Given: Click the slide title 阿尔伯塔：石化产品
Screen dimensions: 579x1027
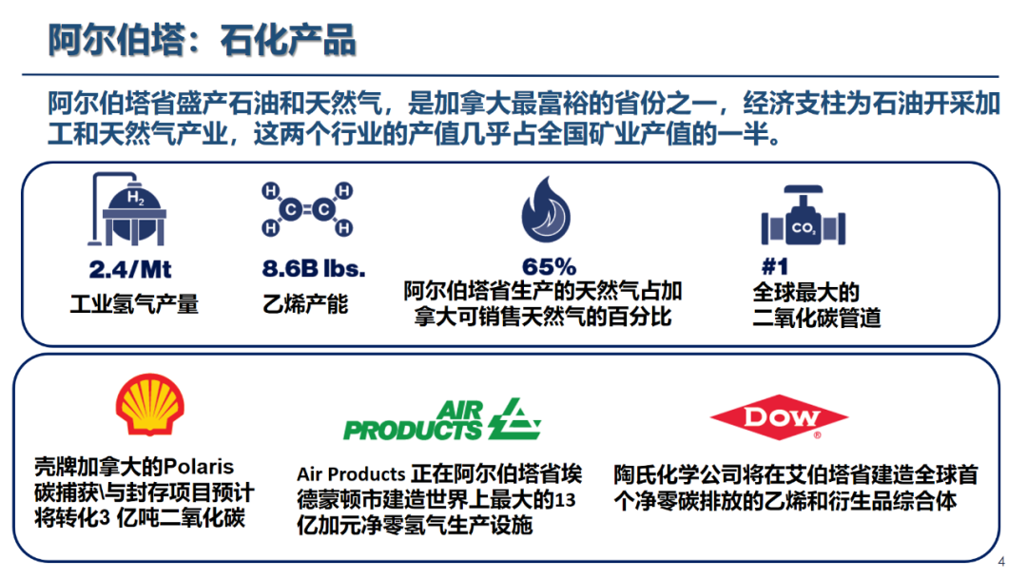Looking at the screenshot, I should coord(202,41).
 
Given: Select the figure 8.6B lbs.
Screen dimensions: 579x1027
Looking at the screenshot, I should coord(313,269).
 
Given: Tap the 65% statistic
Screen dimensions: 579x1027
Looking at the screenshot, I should coord(549,267).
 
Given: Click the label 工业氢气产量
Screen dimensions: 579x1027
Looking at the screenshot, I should coord(134,304).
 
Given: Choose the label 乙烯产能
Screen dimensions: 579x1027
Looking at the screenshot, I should coord(305,304).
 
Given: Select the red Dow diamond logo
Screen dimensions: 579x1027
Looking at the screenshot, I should coord(779,417).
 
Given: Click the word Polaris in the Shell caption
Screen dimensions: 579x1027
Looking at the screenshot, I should coord(199,467).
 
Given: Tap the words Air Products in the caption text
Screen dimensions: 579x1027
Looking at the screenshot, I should coord(351,473).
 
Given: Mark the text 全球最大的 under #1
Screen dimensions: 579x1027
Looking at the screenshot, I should coord(805,293).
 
